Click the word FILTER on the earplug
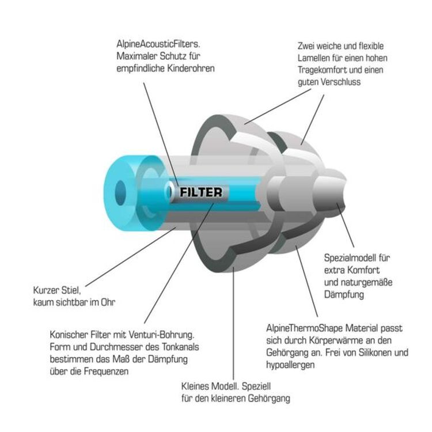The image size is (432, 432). [x=200, y=192]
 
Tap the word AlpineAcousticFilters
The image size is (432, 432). [x=158, y=44]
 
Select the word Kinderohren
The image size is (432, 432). [x=191, y=68]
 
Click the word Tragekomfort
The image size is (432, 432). [x=322, y=70]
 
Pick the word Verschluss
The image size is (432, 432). [x=340, y=82]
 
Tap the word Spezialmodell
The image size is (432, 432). [x=350, y=258]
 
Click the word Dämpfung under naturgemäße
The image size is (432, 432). [x=344, y=294]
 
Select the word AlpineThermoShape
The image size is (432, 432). [x=305, y=328]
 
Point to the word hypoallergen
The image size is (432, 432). [x=290, y=365]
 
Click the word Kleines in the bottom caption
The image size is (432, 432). [x=195, y=386]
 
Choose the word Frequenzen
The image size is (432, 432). [x=106, y=371]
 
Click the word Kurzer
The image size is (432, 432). [x=46, y=290]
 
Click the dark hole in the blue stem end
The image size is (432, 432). [x=120, y=193]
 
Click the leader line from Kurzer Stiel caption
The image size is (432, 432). [x=131, y=257]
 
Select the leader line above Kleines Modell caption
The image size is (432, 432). [x=233, y=323]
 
